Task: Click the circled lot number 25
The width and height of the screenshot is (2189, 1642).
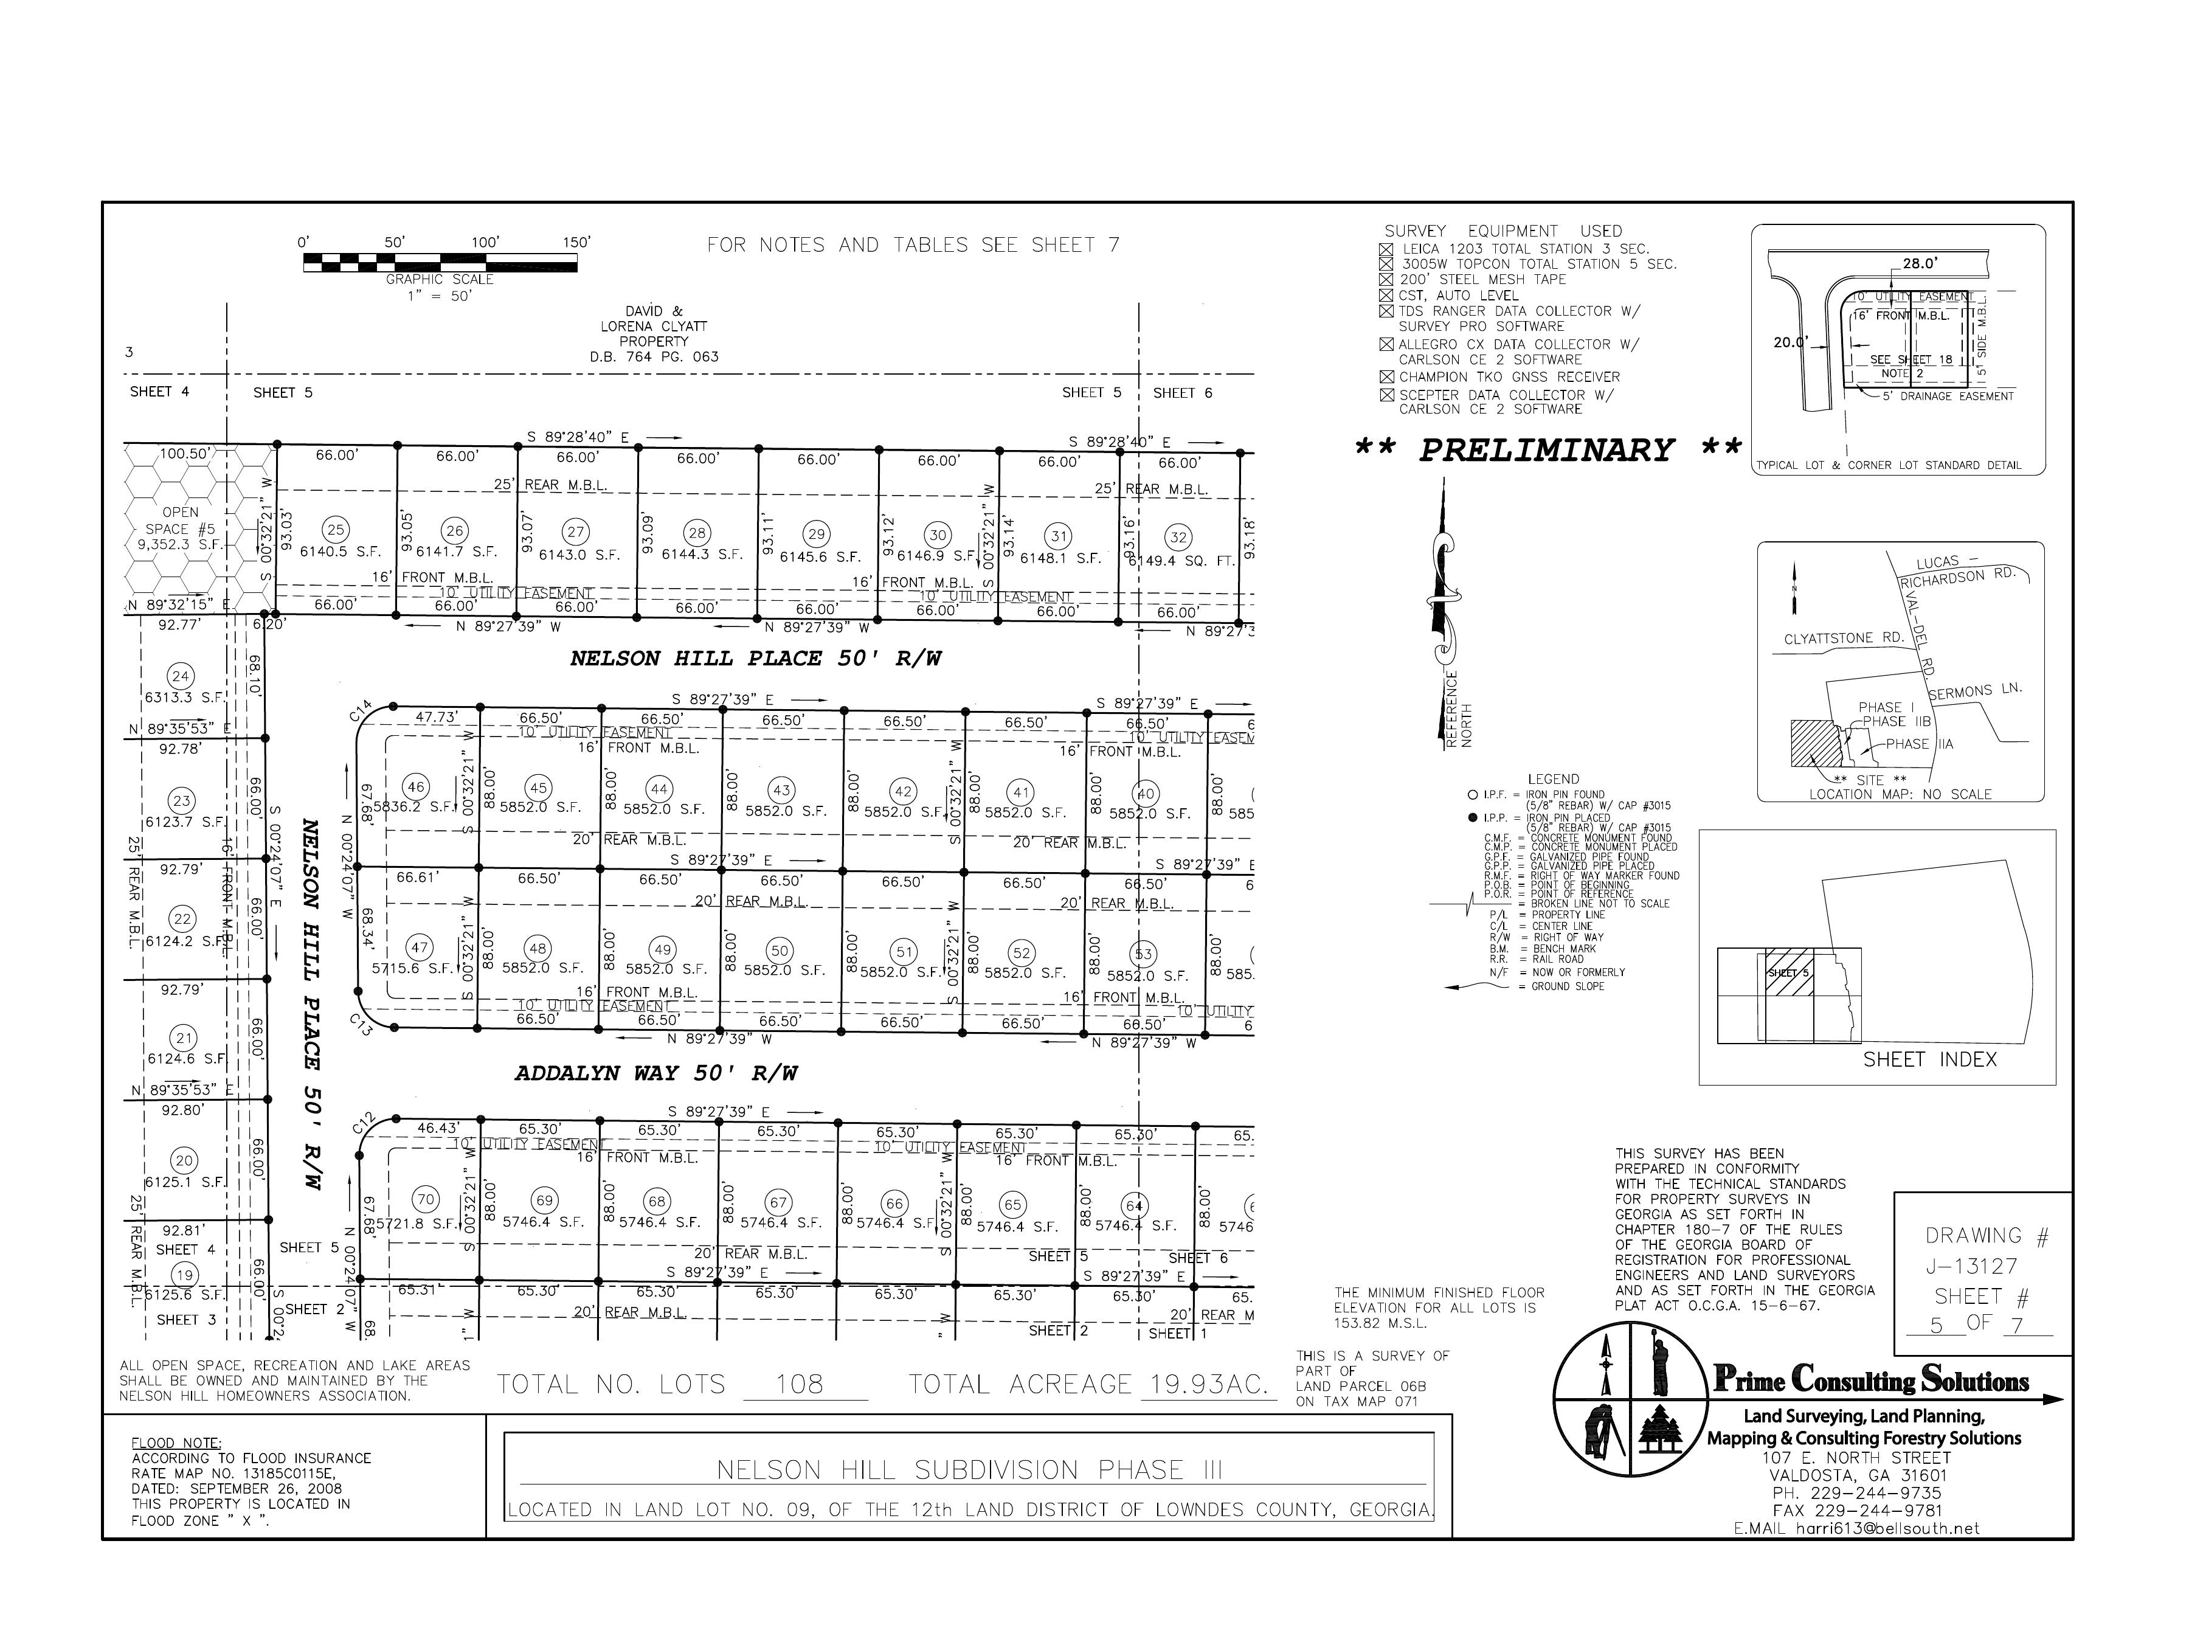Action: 336,530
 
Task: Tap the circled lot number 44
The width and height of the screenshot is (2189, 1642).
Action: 659,789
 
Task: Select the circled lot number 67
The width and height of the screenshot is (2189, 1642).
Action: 779,1202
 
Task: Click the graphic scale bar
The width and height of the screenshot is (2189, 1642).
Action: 440,262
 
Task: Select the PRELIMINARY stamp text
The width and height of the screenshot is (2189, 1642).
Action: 1547,451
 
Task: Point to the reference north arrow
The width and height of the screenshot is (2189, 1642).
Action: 1443,604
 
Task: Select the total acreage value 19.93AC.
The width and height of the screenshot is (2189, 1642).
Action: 1205,1385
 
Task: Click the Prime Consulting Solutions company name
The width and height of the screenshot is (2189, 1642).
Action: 1870,1380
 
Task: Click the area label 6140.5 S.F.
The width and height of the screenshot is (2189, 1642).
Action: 339,552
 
